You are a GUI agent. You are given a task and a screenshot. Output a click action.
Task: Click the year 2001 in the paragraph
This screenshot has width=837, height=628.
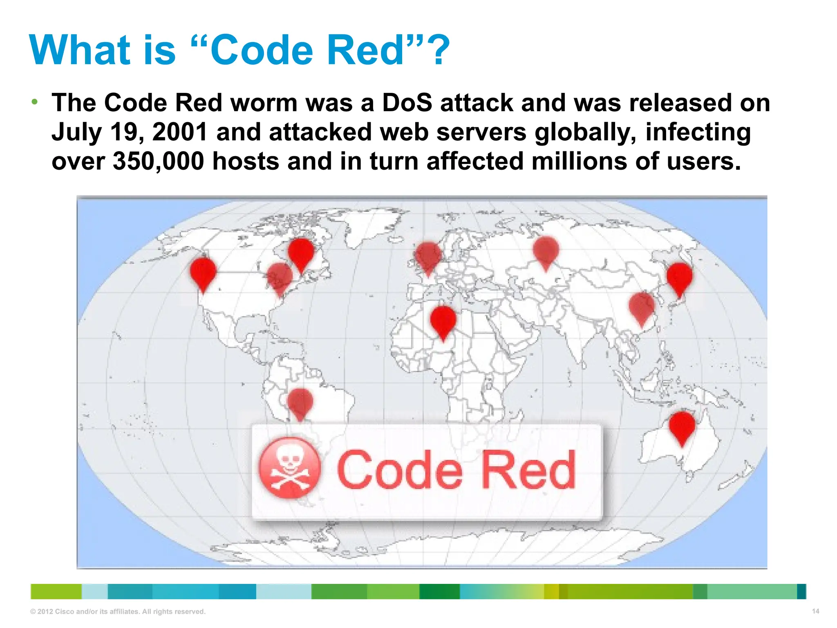[180, 132]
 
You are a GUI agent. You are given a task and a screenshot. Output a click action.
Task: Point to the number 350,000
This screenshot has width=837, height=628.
[158, 161]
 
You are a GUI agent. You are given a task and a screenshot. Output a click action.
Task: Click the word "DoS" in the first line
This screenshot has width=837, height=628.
[407, 103]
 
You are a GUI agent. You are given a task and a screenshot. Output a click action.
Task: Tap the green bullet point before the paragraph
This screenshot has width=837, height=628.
[35, 101]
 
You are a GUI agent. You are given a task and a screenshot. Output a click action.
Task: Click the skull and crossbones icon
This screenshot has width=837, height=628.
[290, 468]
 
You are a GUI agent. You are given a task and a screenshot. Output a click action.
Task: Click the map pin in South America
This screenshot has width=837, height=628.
[300, 402]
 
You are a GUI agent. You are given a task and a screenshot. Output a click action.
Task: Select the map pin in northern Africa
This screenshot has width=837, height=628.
[443, 321]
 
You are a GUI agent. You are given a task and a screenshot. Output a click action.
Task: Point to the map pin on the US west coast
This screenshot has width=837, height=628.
[203, 272]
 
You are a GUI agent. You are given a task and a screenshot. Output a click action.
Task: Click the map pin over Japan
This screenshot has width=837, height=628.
[679, 277]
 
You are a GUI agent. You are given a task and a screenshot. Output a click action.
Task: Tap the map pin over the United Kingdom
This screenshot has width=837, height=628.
[428, 257]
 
